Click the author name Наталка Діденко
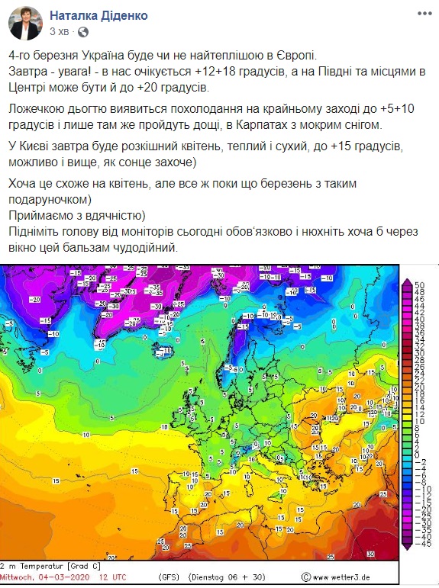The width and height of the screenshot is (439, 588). (x=98, y=15)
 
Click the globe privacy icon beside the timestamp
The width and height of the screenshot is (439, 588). (x=83, y=33)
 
